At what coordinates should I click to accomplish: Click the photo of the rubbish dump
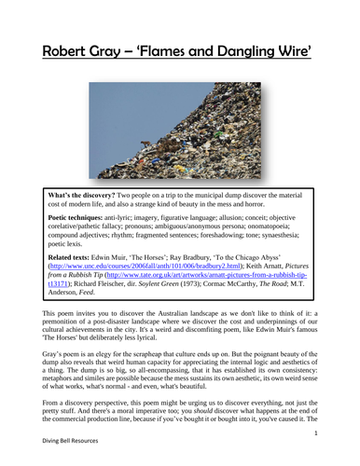point(180,133)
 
